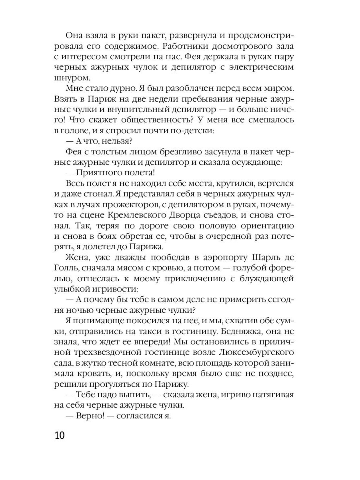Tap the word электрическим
point(257,67)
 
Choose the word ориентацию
point(261,226)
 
